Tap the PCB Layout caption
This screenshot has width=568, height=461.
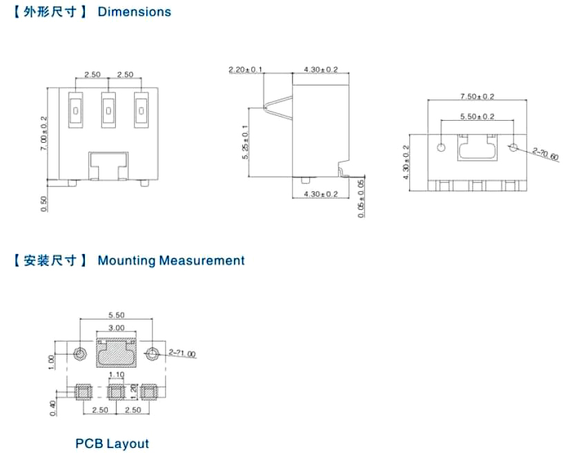112,443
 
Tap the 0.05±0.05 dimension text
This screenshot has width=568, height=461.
362,198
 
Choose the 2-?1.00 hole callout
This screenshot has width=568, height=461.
182,354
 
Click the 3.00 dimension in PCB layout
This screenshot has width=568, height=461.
116,328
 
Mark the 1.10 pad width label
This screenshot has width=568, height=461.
116,375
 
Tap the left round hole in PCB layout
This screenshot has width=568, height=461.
81,354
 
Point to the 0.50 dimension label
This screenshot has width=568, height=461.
45,204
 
